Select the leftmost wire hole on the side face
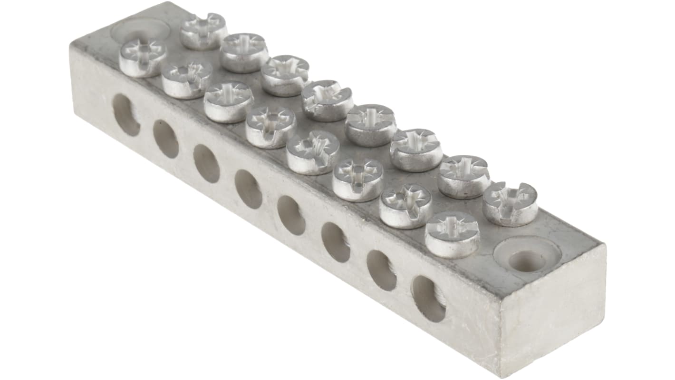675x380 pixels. (126, 115)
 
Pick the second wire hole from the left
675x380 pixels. (166, 139)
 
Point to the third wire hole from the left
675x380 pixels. (207, 163)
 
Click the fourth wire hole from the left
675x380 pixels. (248, 189)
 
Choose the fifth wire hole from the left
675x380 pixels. (291, 215)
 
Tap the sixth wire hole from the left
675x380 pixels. (336, 242)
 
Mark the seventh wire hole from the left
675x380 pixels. (381, 270)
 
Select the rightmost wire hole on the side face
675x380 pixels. (428, 298)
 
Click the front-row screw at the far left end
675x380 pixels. (143, 58)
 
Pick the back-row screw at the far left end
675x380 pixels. (203, 31)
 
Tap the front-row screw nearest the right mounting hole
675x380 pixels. (452, 234)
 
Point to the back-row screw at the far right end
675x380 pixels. (510, 204)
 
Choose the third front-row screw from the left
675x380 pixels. (229, 101)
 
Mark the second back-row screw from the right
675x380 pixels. (463, 176)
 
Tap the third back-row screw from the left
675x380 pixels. (285, 75)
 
